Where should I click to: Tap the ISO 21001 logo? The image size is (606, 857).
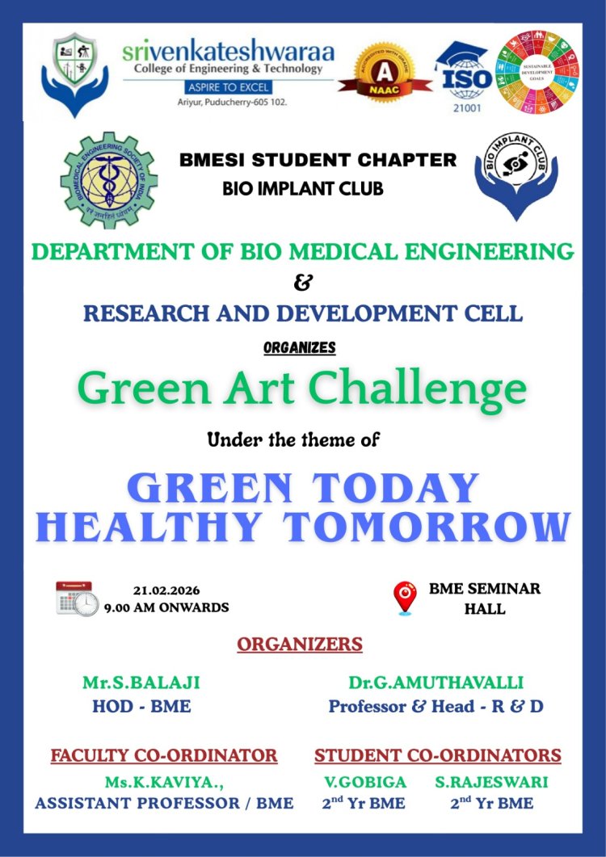(x=464, y=77)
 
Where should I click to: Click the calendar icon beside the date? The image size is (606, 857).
(x=77, y=598)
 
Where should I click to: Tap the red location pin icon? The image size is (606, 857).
(x=405, y=598)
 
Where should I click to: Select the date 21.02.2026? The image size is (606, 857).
(x=166, y=590)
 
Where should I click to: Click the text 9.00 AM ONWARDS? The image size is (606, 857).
(x=166, y=607)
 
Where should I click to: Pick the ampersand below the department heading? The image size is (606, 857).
(x=301, y=283)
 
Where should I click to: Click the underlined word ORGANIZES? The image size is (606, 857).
(x=300, y=348)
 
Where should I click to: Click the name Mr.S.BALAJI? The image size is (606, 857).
(x=141, y=683)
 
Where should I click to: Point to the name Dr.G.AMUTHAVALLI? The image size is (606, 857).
(x=436, y=683)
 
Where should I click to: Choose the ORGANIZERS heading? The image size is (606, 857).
(x=300, y=645)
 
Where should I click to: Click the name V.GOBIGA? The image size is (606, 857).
(x=364, y=781)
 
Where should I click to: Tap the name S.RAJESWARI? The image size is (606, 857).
(x=491, y=781)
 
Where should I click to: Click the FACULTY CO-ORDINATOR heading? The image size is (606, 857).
(x=164, y=756)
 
